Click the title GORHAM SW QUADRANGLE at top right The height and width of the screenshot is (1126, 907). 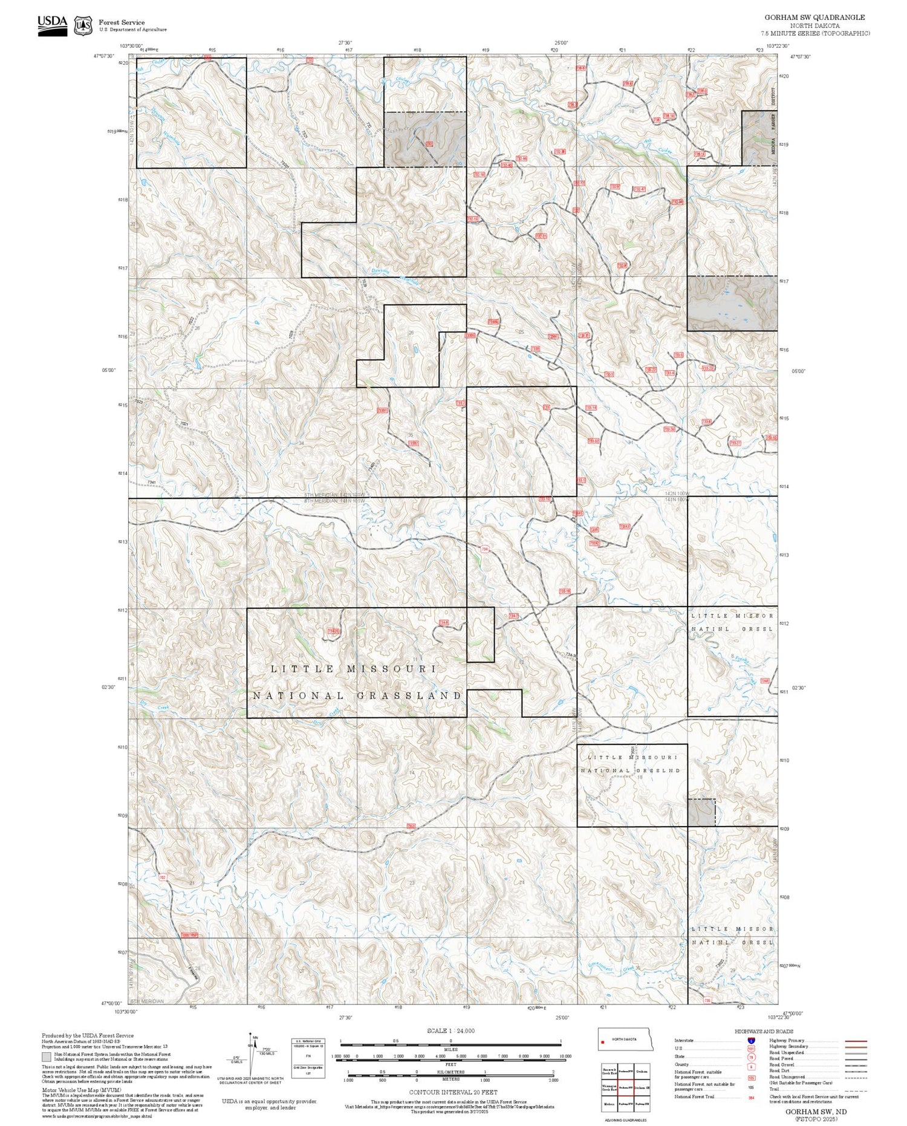click(814, 18)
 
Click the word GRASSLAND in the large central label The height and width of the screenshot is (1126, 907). click(409, 696)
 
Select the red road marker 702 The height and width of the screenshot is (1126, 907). click(163, 877)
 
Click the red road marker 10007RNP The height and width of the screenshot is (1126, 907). click(190, 936)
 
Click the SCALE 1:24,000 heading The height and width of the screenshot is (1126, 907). click(450, 1031)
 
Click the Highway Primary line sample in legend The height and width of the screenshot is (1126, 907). click(854, 1041)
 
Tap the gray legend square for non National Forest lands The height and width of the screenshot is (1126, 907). click(47, 1057)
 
